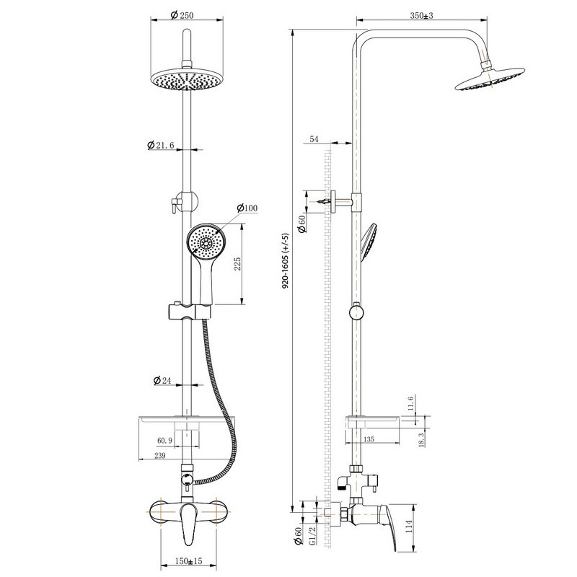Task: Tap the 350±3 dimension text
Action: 422,15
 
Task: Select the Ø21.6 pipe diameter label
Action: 160,145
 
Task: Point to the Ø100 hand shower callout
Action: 247,208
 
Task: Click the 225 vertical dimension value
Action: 237,264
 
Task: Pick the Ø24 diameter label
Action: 162,380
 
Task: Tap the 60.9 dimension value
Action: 164,441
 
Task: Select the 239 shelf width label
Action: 159,456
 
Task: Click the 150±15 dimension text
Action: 188,561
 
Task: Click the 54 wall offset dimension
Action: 314,139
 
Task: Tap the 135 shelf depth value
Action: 369,439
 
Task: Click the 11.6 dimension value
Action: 411,403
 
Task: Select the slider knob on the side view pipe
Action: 356,312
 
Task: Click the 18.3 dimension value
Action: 421,439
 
